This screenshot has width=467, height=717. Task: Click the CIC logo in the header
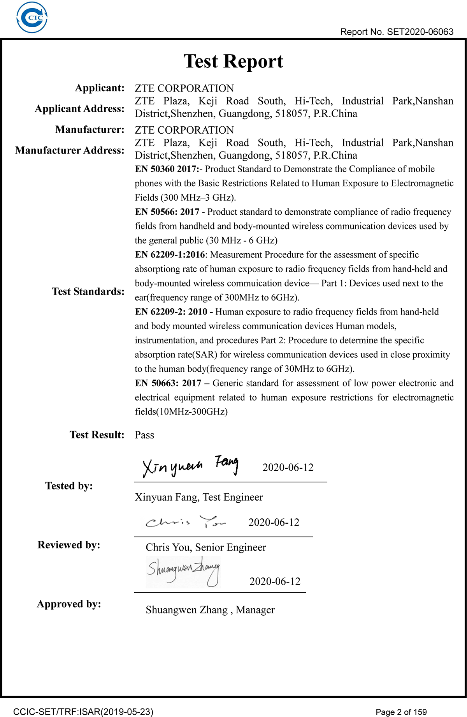[x=32, y=18]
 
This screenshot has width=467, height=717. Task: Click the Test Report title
[x=233, y=61]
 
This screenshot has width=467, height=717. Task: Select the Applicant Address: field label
[x=80, y=109]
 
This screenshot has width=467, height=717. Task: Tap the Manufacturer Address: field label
[x=70, y=150]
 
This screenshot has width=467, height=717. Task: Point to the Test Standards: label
[x=88, y=291]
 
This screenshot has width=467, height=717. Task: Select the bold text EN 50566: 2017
[x=167, y=212]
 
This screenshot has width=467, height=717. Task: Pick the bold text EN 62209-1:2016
[x=170, y=255]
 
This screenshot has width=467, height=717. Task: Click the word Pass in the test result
[x=144, y=435]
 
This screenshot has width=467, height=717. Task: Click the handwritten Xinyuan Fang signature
[x=190, y=466]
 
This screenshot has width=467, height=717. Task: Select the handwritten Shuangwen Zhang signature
[x=183, y=571]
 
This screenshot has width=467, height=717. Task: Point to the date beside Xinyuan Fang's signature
[x=288, y=468]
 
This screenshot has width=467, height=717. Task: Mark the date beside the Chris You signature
[x=274, y=523]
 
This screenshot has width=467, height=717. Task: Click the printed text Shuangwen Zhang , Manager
[x=210, y=610]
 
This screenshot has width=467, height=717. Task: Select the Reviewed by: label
[x=69, y=545]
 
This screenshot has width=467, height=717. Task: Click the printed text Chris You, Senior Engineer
[x=206, y=547]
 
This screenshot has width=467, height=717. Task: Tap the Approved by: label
[x=69, y=604]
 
